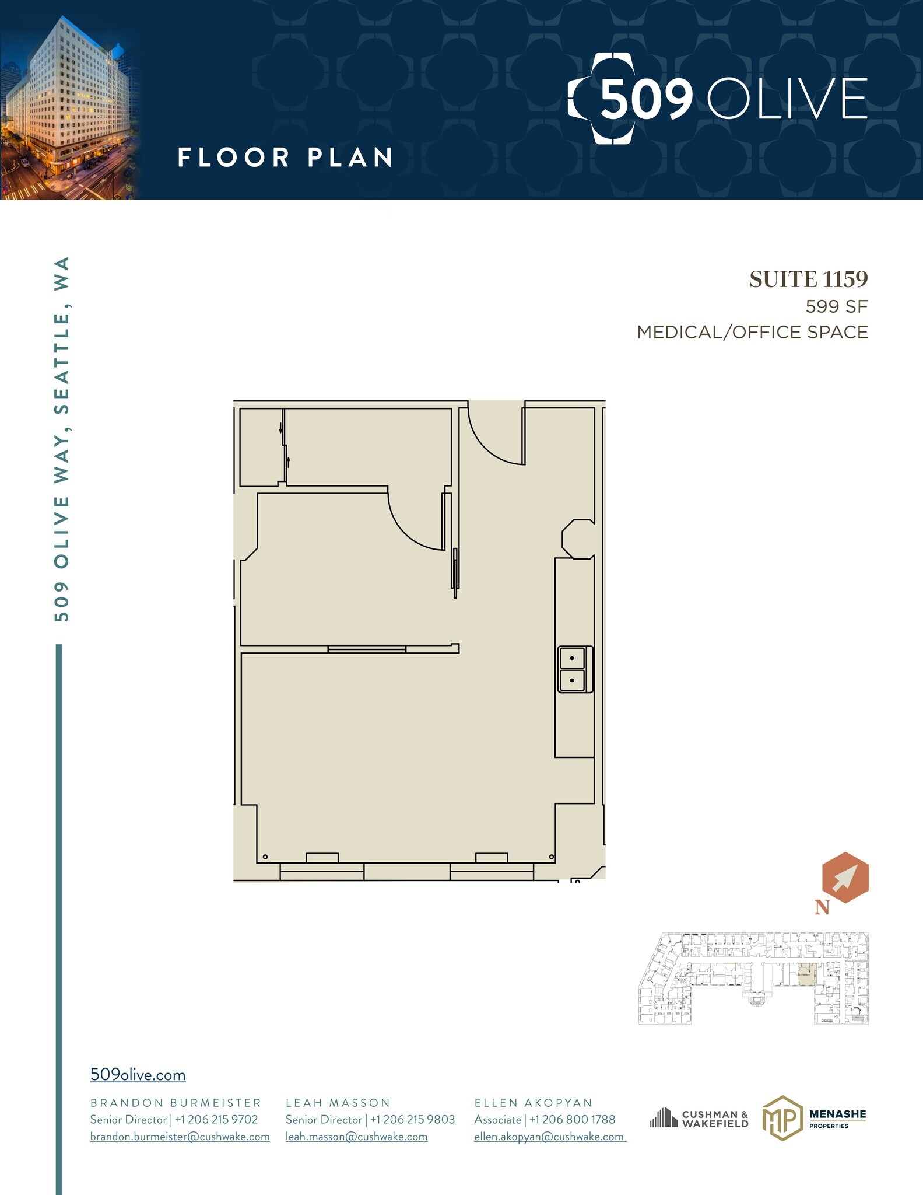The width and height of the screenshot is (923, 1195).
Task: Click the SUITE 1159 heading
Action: tap(808, 279)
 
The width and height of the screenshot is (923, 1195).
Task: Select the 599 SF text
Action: tap(836, 306)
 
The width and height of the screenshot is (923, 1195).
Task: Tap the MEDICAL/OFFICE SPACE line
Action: tap(752, 332)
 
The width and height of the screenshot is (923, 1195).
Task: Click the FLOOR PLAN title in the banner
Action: tap(285, 158)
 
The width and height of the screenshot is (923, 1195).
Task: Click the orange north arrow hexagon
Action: tap(845, 877)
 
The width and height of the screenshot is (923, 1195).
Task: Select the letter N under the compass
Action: tap(822, 907)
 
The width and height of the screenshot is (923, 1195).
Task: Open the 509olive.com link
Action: tap(138, 1075)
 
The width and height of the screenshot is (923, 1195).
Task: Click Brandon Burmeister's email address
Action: tap(180, 1137)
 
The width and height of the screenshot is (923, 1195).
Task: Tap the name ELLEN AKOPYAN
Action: tap(533, 1103)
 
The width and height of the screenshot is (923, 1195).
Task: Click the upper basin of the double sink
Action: tap(572, 658)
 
